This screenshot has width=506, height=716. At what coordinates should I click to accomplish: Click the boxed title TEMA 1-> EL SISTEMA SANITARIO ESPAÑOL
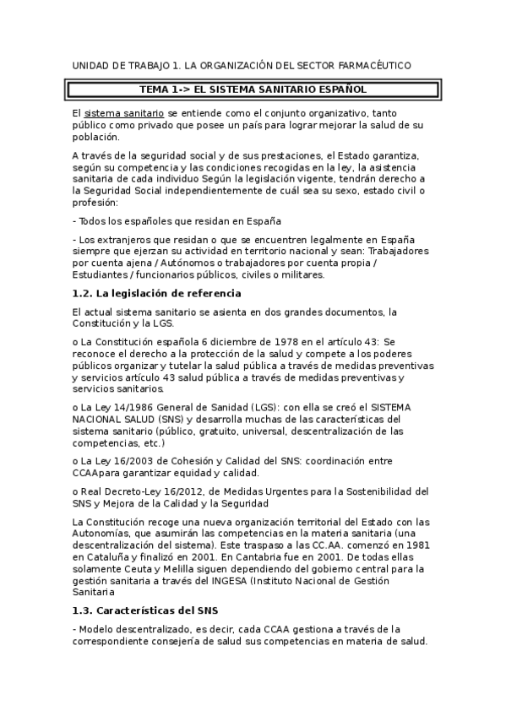pyautogui.click(x=253, y=88)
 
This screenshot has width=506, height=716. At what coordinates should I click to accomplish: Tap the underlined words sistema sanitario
pyautogui.click(x=117, y=112)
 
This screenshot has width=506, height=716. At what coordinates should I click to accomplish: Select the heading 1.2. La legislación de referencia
pyautogui.click(x=157, y=293)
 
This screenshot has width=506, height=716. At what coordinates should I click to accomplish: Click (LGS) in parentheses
pyautogui.click(x=254, y=407)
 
